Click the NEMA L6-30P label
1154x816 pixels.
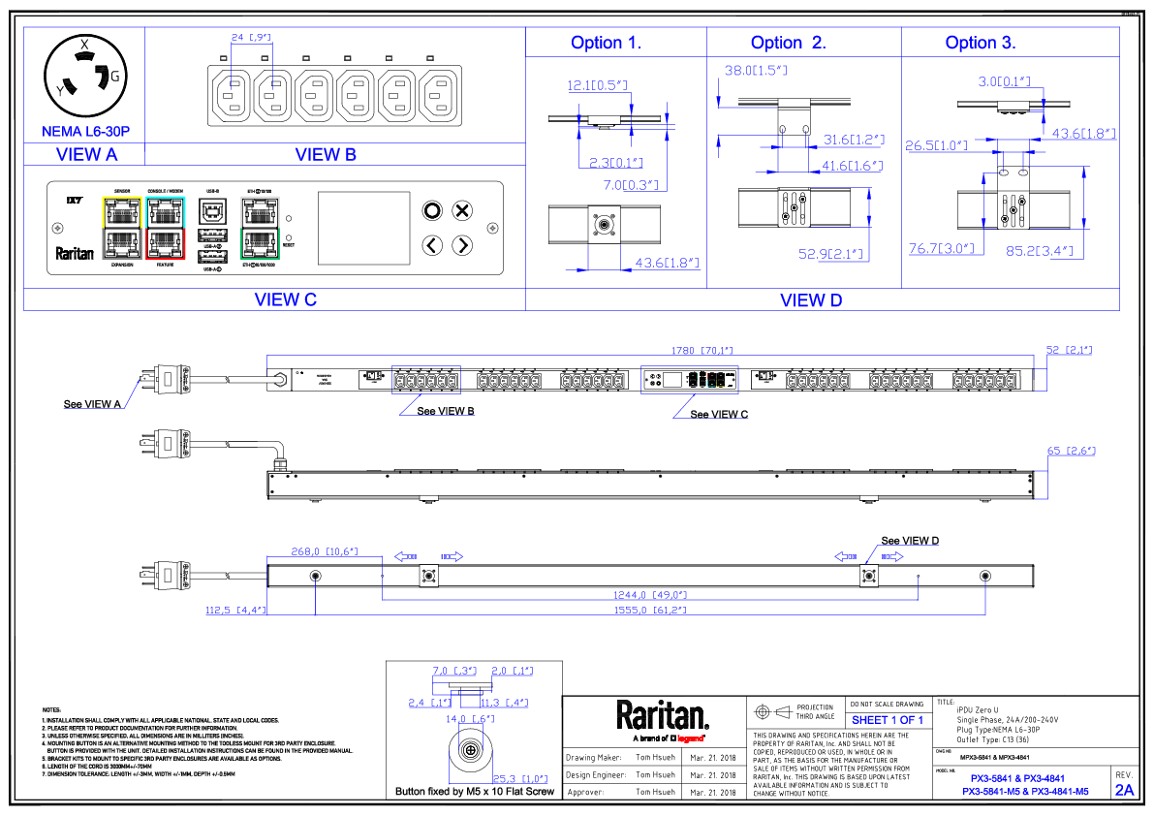85,131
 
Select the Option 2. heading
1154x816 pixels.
788,43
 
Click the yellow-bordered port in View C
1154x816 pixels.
122,210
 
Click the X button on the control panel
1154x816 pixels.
463,210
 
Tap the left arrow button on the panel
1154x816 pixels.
432,245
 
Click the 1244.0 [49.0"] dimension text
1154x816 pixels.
655,595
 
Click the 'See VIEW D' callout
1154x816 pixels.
909,541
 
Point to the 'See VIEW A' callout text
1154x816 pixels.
92,404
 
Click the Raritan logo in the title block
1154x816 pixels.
663,716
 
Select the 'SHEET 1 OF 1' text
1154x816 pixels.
888,720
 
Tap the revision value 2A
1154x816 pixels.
1125,790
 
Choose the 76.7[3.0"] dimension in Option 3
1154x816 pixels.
940,250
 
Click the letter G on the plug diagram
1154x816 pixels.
116,76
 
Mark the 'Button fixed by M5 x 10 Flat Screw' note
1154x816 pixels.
474,792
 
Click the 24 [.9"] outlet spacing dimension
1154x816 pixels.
250,37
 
